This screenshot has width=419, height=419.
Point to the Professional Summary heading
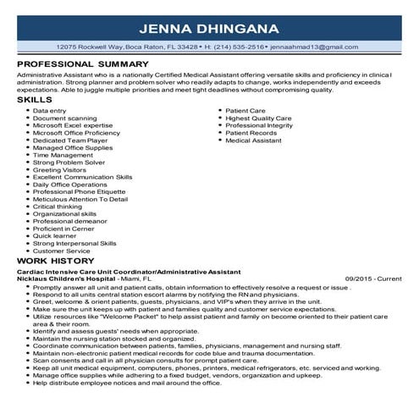[x=82, y=63]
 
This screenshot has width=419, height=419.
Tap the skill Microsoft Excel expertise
[x=75, y=125]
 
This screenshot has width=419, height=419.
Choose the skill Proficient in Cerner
[x=63, y=229]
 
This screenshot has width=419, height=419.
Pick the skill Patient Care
[x=247, y=111]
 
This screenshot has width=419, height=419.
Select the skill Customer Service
[x=61, y=251]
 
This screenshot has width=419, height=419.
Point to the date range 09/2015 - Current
[x=373, y=278]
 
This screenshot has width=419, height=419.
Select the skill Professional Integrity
[x=259, y=125]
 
